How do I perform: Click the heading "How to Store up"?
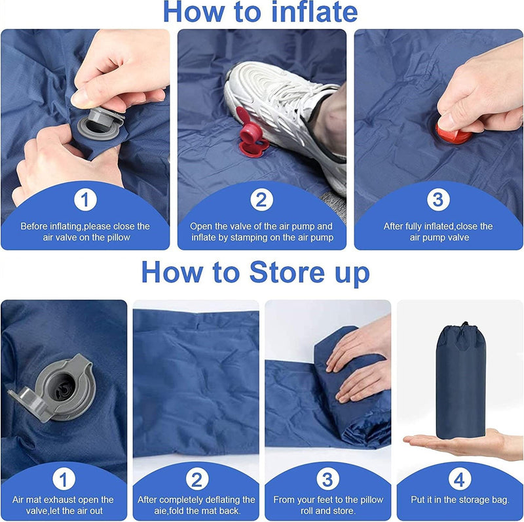pos(255,271)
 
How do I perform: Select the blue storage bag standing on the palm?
pos(460,384)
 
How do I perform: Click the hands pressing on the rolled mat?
pos(360,367)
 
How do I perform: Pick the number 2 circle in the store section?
pos(196,479)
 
